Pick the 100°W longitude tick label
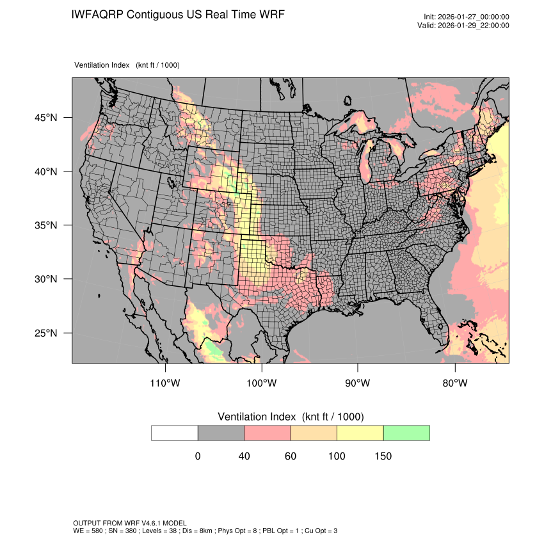[x=262, y=383]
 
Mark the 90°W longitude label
[x=358, y=383]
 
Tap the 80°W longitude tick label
[x=454, y=383]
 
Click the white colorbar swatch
[x=175, y=433]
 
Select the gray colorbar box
[x=221, y=433]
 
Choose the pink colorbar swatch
[x=268, y=433]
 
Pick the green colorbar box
[x=406, y=433]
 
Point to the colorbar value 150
[x=383, y=456]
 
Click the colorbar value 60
[x=291, y=456]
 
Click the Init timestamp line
[x=467, y=17]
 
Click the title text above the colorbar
[x=291, y=417]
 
